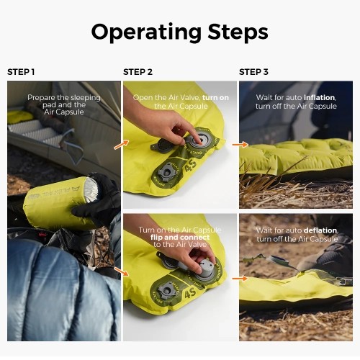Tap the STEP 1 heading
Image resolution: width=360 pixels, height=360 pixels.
tap(21, 72)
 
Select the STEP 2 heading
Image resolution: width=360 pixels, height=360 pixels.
tap(138, 72)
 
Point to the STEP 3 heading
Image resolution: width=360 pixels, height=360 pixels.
tap(253, 72)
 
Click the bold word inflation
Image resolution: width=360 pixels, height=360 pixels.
tap(319, 97)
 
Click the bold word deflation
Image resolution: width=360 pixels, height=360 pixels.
tap(318, 230)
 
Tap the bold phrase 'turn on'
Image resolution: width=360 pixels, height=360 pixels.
tap(216, 97)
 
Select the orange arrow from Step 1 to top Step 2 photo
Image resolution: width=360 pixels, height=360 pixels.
tap(121, 145)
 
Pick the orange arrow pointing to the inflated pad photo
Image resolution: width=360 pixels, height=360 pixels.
tap(237, 145)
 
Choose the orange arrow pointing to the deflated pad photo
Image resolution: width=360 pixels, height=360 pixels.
tap(237, 278)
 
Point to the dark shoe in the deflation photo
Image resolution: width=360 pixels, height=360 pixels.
tap(331, 252)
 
